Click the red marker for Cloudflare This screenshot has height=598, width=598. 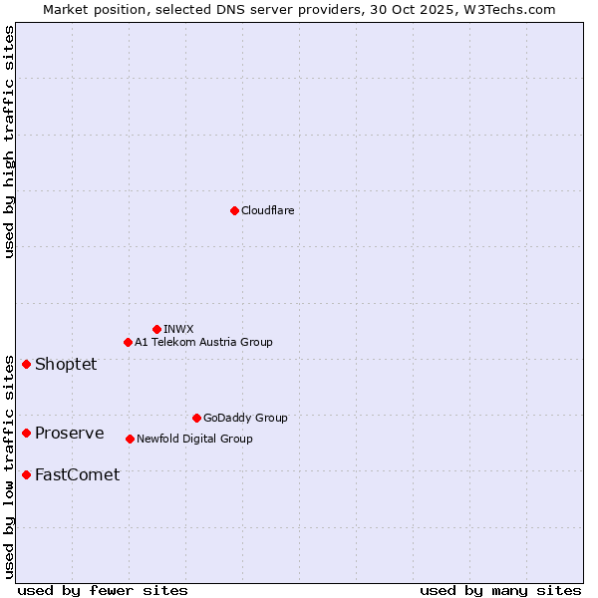pos(234,210)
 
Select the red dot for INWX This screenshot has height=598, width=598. pos(156,329)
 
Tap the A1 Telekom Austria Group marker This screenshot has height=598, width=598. pos(128,343)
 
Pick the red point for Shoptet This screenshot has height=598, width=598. pos(26,364)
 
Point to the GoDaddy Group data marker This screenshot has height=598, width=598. pos(196,418)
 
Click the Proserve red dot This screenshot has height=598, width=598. pos(26,433)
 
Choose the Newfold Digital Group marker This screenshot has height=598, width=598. pos(130,439)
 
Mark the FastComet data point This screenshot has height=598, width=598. pos(26,474)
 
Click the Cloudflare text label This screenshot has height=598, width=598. pos(268,210)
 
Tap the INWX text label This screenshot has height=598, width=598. pos(178,329)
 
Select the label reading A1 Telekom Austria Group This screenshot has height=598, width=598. pos(203,343)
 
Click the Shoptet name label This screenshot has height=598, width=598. pos(66,364)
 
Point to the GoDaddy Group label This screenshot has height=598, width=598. pos(245,418)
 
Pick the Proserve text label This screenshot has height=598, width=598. pos(69,433)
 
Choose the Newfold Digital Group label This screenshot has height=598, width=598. pos(194,439)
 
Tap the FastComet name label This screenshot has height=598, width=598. pos(77,474)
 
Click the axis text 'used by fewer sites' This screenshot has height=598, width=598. pos(103,590)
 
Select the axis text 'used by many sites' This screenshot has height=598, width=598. pos(500,590)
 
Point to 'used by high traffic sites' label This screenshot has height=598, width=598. pos(9,143)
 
